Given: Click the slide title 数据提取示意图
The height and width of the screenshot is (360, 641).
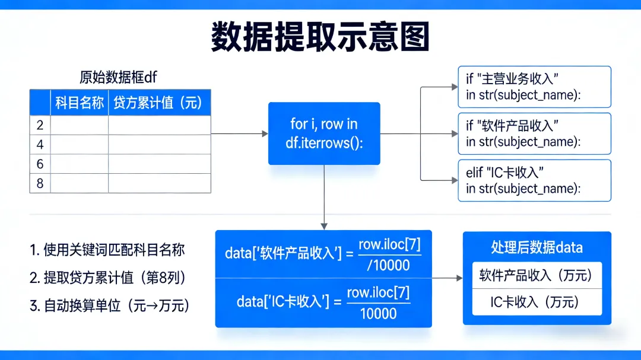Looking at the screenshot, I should pos(320,37).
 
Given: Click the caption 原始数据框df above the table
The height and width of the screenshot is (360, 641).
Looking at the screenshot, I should pos(118,77).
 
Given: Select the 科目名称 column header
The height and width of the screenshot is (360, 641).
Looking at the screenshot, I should pos(80,103).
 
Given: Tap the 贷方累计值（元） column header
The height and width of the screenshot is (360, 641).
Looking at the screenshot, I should pos(158,103).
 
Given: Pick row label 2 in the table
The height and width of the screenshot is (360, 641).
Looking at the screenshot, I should pos(40,125).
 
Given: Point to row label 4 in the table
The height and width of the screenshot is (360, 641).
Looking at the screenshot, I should pos(40,145).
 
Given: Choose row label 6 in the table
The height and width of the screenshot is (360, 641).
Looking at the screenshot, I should pos(40,164).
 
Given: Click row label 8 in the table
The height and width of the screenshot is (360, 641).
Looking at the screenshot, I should pos(40,183).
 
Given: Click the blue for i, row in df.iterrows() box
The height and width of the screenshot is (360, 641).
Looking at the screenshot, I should pos(324,133).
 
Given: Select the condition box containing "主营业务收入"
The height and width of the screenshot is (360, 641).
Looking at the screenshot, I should pos(534,87).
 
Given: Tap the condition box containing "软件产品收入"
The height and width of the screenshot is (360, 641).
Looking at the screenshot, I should pos(534,133).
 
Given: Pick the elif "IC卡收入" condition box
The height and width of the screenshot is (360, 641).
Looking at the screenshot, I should pos(534,180).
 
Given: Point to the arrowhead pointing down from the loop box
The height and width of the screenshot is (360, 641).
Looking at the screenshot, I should pos(324,225).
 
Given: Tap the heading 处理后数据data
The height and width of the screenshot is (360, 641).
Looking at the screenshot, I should pos(537,248).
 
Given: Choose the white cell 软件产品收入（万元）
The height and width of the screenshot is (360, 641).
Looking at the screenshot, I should pos(537,275).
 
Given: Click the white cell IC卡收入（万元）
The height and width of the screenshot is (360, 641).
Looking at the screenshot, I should pos(537,302).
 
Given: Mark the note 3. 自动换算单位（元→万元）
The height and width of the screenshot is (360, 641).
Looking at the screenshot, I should pos(110,306).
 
